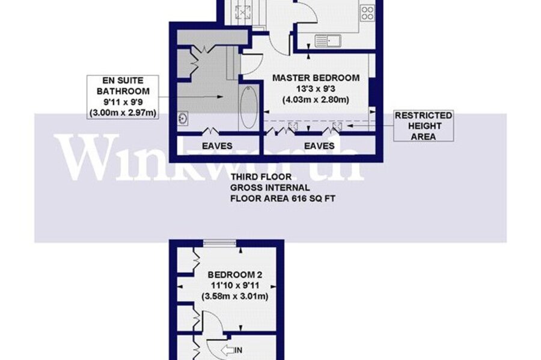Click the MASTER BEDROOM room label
316,78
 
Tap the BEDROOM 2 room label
234,275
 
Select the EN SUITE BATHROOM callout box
123,97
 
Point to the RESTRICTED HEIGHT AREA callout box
423,126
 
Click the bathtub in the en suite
249,107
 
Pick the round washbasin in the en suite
183,118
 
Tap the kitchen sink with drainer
328,41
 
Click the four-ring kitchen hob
367,13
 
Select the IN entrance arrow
227,350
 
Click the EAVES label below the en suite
217,146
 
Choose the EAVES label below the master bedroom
319,146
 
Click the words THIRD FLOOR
261,177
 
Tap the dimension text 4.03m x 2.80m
316,100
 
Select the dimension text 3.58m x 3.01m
234,296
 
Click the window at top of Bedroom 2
219,243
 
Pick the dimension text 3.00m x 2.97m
123,112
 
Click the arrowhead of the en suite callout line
220,97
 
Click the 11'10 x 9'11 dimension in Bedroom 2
234,285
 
